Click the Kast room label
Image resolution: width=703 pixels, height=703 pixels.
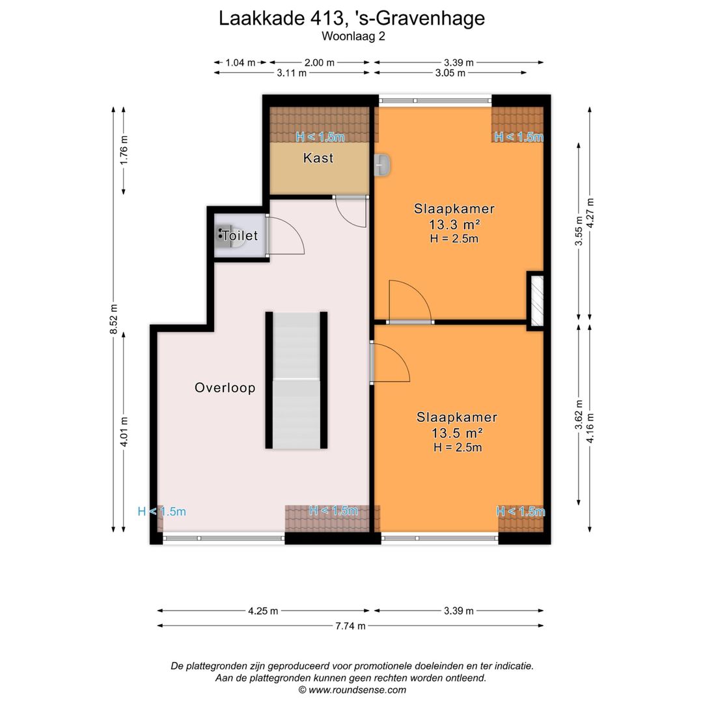tap(318, 158)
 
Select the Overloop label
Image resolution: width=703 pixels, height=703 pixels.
tap(225, 388)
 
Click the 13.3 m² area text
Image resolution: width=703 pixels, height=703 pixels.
tap(454, 225)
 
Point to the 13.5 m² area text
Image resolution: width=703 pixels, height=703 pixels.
tap(457, 433)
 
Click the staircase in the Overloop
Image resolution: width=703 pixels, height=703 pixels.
tap(296, 380)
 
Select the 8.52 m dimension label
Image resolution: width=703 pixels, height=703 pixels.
tap(115, 319)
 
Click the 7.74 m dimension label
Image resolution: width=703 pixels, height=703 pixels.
tap(350, 626)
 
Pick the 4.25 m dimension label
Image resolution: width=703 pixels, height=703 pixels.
tap(263, 611)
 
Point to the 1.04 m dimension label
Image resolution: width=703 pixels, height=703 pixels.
tap(240, 62)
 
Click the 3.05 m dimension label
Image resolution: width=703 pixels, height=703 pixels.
tap(450, 73)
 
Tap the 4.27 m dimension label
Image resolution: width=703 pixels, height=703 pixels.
tap(590, 212)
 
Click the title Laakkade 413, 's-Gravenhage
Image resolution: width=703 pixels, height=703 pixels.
tap(351, 18)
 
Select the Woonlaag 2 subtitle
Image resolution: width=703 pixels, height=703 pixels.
tap(351, 37)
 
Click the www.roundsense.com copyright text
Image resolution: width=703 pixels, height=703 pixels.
tap(351, 690)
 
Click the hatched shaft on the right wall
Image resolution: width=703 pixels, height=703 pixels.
tap(535, 301)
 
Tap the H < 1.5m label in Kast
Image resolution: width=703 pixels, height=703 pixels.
tap(320, 137)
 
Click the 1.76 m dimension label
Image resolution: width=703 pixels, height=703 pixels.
tap(124, 150)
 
